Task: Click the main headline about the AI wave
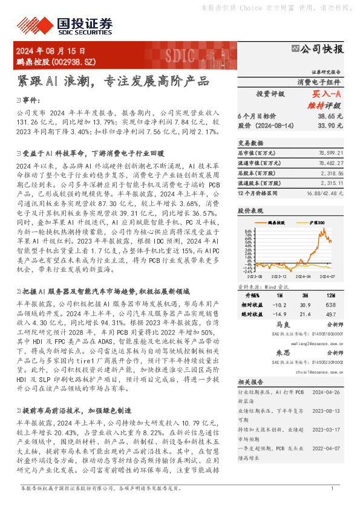112,80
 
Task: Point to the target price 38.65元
330,115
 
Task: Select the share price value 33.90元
330,126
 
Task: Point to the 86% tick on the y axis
248,231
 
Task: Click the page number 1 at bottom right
332,488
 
